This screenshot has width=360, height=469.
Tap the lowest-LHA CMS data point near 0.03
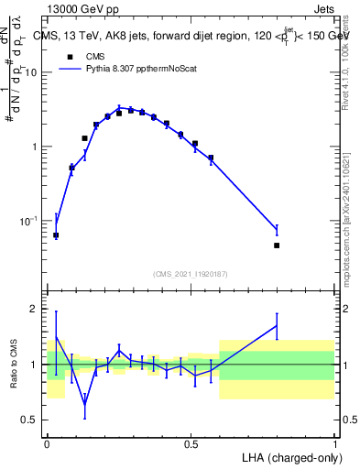pos(56,235)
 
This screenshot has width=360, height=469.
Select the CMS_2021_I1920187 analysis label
pos(191,274)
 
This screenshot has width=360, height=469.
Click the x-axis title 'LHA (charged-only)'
pos(289,457)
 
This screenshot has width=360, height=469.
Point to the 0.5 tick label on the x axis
pos(191,443)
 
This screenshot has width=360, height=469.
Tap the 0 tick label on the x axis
pos(47,443)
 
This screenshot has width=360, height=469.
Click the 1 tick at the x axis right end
pos(334,443)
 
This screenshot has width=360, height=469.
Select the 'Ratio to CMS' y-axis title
pos(13,365)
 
